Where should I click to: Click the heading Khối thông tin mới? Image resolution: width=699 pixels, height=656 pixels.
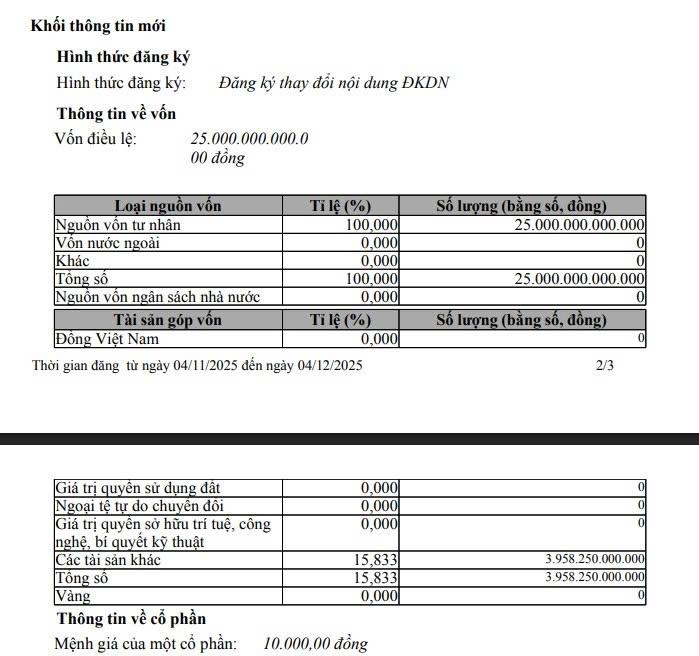click(x=99, y=25)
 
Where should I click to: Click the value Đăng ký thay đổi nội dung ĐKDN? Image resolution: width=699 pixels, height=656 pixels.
click(x=334, y=82)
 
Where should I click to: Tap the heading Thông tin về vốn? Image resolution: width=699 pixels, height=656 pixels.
click(x=117, y=113)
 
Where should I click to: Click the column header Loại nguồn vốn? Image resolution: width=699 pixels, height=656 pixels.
click(x=168, y=206)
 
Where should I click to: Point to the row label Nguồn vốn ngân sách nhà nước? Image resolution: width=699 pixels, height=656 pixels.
click(x=157, y=296)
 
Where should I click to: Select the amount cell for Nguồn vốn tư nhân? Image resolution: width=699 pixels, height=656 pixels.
click(x=579, y=225)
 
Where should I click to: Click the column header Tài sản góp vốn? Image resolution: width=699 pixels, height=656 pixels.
click(x=168, y=320)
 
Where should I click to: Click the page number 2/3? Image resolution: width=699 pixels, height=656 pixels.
click(x=604, y=365)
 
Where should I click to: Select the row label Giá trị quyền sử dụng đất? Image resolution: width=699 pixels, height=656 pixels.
click(x=136, y=488)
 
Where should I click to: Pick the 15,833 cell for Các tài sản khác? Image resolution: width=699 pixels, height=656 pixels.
click(x=377, y=560)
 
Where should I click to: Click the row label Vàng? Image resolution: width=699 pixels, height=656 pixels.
click(x=75, y=596)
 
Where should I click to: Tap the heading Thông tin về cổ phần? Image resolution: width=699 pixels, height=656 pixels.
click(x=131, y=619)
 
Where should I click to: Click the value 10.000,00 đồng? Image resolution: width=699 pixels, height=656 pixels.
click(x=315, y=643)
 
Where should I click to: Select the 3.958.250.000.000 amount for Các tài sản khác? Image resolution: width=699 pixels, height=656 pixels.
click(x=594, y=560)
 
